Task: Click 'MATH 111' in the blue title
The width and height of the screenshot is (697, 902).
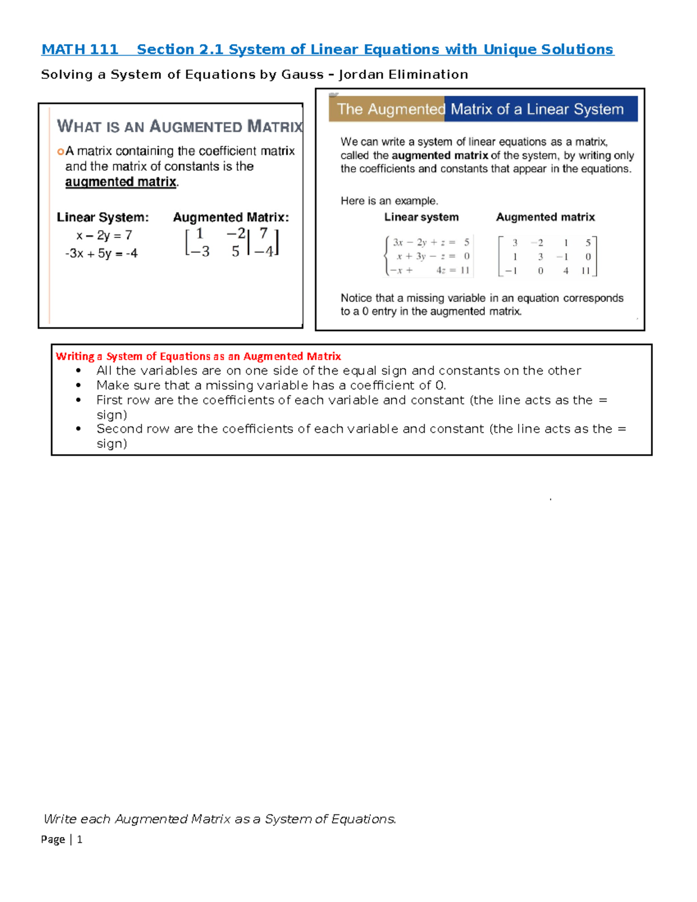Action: pos(80,50)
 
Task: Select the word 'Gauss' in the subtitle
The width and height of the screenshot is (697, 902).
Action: pos(302,75)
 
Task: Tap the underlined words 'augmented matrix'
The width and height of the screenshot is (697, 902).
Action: pos(121,182)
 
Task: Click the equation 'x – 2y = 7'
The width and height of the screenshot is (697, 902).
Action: pos(104,236)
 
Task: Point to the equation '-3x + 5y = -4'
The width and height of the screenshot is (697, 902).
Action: pos(102,254)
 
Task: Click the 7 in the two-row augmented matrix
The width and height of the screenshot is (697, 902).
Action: pos(264,233)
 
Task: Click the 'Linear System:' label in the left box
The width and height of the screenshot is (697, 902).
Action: pos(102,218)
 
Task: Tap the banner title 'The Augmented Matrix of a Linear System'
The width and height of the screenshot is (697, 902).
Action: pos(480,109)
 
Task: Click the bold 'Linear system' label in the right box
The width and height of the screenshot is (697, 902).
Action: pos(421,217)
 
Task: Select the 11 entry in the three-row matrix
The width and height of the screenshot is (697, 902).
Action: pos(585,271)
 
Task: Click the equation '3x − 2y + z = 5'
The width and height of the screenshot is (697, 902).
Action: pos(430,243)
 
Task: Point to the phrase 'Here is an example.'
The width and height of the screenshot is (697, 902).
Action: pos(389,201)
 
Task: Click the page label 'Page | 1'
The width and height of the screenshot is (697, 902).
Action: pos(62,839)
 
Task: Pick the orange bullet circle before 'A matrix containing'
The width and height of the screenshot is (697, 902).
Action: pos(60,152)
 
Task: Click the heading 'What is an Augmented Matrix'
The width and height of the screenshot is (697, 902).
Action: pos(179,127)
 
